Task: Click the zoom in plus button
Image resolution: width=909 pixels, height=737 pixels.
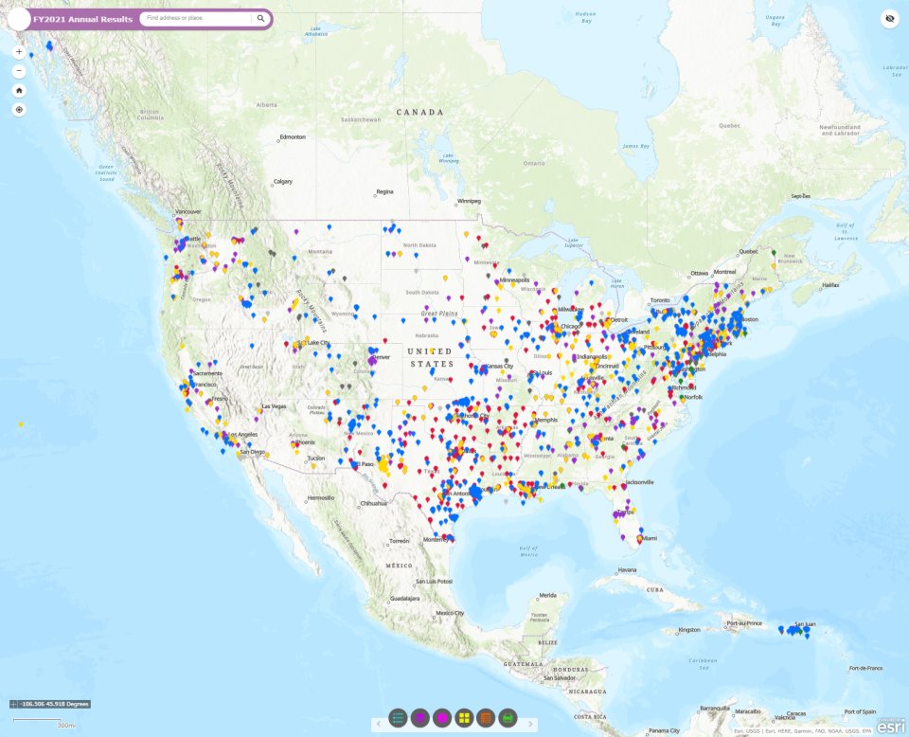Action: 19,52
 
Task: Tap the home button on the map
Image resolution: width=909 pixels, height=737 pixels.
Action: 19,90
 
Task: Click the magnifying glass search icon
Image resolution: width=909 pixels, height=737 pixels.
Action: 260,18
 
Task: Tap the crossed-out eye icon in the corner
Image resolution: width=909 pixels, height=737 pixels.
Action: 889,18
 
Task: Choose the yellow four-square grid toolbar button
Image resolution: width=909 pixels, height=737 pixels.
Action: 464,718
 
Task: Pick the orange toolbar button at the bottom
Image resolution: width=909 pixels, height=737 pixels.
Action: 486,718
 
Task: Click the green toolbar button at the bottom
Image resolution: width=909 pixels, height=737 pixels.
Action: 508,718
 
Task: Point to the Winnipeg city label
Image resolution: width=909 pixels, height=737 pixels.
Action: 469,201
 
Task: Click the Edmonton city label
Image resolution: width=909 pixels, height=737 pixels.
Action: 293,137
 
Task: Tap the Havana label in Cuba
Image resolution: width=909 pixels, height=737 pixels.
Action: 628,569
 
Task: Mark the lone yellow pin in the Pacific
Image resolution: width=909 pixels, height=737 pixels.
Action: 21,424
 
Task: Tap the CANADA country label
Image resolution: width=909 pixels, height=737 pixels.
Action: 419,112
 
